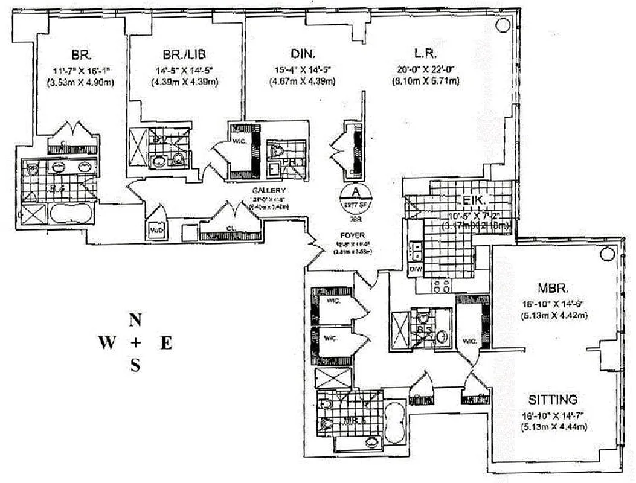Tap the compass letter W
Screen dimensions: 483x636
(x=108, y=344)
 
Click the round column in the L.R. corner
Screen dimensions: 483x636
(x=503, y=25)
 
